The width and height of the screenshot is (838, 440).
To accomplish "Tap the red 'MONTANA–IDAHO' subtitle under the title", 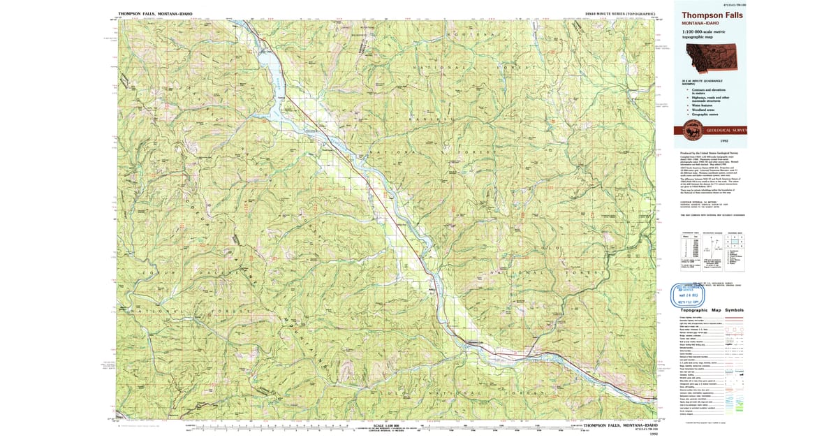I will [x=701, y=23].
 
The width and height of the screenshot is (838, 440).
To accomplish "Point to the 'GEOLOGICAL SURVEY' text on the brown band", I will [x=726, y=130].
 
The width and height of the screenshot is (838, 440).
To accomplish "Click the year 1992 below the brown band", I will [x=710, y=140].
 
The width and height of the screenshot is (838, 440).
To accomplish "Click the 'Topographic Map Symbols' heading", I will [x=712, y=310].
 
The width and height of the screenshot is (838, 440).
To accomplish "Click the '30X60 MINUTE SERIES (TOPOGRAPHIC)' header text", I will [x=620, y=13].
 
